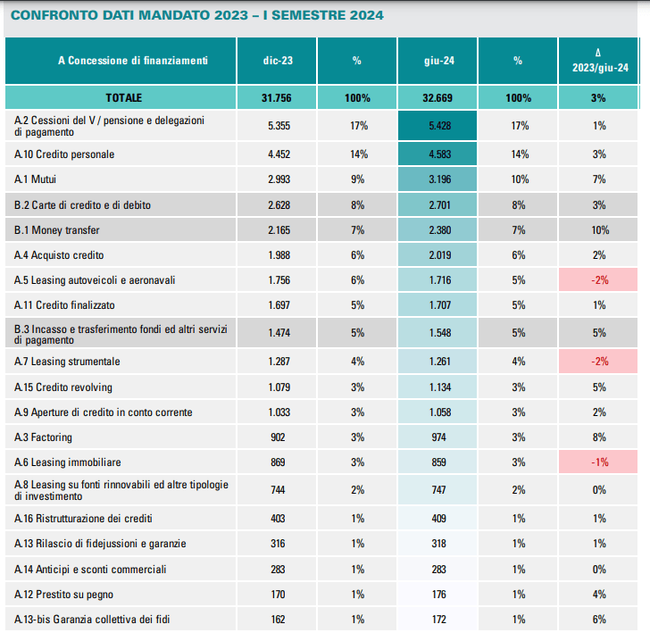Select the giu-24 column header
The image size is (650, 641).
[x=437, y=61]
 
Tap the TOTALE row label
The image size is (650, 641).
[x=123, y=97]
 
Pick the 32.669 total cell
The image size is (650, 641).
[x=437, y=97]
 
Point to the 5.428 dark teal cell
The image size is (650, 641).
[x=437, y=126]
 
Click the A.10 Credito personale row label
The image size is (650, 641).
[x=64, y=154]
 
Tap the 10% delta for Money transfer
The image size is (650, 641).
[x=599, y=230]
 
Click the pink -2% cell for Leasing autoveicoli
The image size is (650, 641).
[x=599, y=280]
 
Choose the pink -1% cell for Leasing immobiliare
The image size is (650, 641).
[x=599, y=462]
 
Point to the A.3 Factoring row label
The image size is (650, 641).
[x=44, y=437]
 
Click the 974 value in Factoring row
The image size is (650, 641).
[x=437, y=437]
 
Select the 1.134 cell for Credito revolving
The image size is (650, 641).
[x=437, y=387]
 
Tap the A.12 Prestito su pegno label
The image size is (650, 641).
[x=64, y=594]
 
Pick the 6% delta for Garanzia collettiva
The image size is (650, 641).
[x=599, y=619]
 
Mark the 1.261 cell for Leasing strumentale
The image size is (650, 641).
[x=437, y=362]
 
